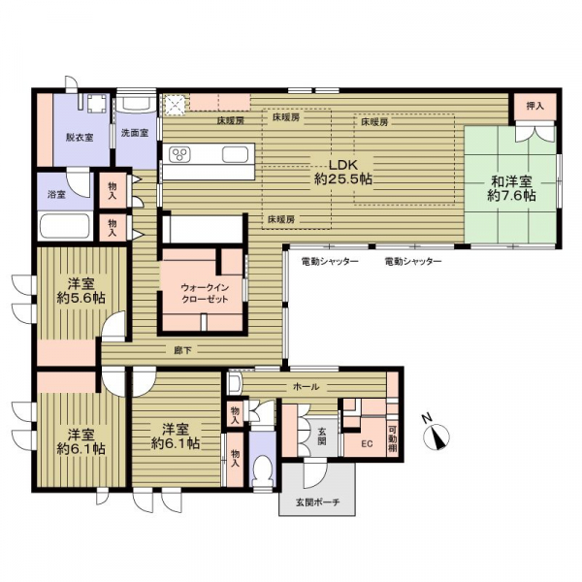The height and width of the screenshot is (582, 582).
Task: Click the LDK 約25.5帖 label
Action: tap(343, 172)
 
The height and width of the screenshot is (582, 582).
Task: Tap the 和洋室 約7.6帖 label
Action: tap(511, 188)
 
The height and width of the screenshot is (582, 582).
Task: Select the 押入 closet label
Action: tap(534, 106)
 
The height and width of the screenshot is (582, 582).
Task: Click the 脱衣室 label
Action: tap(80, 138)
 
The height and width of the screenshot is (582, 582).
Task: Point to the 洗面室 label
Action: tap(135, 133)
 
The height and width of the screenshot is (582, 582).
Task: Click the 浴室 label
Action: tap(57, 194)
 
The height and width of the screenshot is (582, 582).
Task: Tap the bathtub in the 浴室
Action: tap(65, 226)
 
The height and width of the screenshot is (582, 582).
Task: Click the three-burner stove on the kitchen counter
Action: tap(179, 154)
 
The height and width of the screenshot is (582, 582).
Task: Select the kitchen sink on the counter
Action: tap(235, 154)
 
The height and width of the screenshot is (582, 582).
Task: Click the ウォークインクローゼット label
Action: tap(204, 293)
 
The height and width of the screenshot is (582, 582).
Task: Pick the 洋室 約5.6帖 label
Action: tap(81, 291)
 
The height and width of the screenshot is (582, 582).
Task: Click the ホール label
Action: tap(307, 387)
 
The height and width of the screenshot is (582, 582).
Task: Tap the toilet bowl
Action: tap(263, 469)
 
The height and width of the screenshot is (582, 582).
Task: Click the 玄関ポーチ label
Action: tap(318, 502)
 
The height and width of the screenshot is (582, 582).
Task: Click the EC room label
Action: tap(367, 443)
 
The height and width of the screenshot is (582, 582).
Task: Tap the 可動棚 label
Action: tap(393, 438)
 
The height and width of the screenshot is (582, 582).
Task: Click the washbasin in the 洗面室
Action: tap(137, 102)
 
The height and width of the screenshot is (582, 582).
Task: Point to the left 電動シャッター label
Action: tap(330, 262)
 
